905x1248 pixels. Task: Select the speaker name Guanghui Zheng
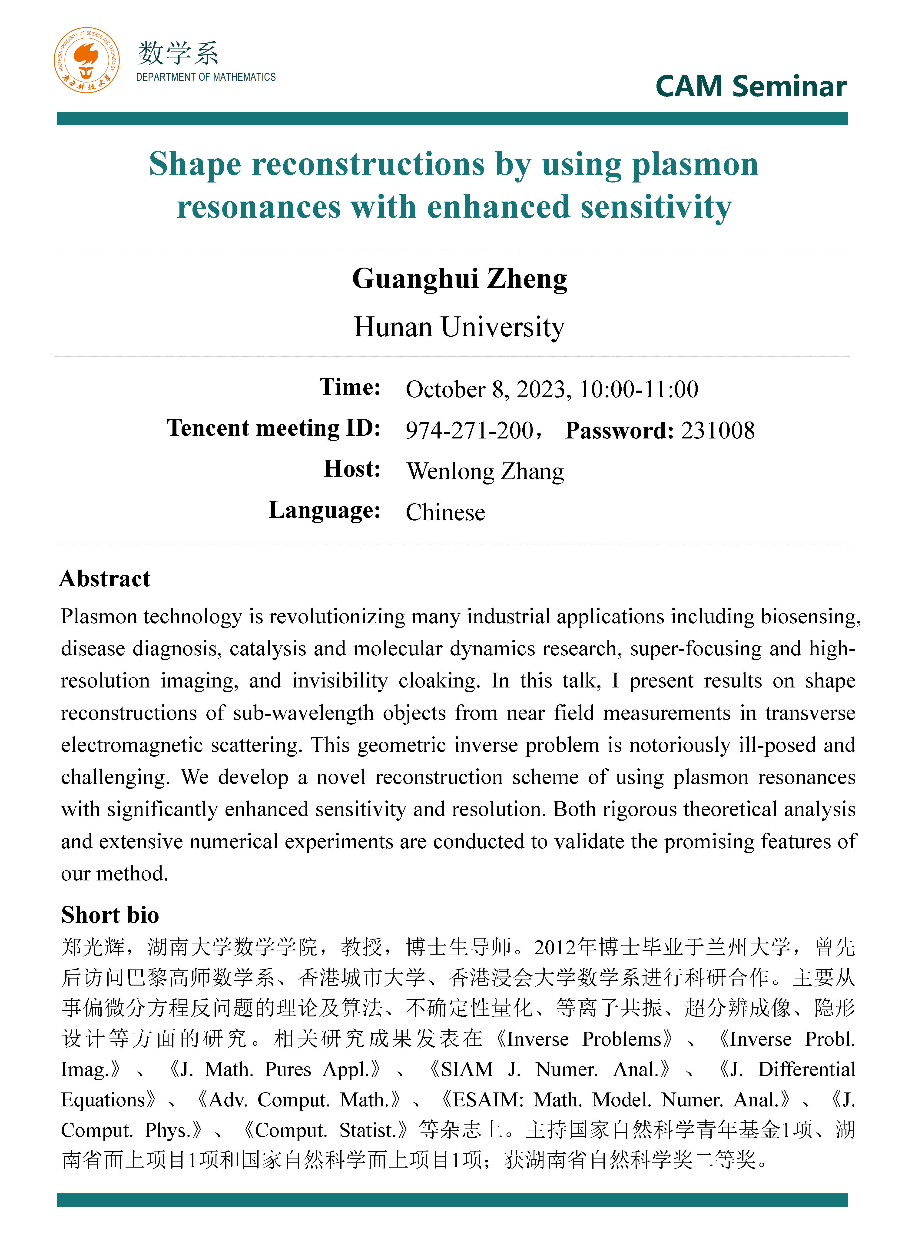tap(459, 279)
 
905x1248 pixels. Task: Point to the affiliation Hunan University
tap(459, 327)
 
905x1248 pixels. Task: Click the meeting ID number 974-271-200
tap(469, 430)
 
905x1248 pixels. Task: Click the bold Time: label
tap(350, 387)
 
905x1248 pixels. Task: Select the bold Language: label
tap(325, 510)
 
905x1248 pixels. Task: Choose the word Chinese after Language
tap(445, 512)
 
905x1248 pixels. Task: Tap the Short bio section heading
tap(110, 915)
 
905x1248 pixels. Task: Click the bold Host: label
tap(352, 469)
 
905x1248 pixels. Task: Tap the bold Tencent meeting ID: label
tap(273, 428)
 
